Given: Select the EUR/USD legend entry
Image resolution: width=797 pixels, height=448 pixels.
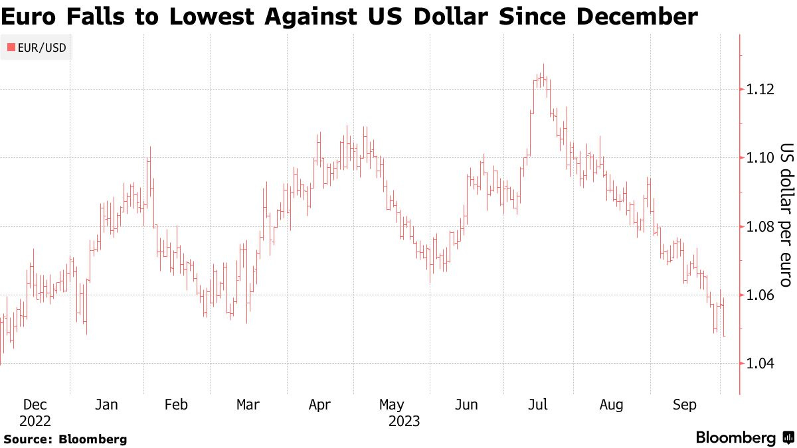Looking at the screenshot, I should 37,47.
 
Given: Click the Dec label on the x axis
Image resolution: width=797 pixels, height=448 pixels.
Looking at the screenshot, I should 35,405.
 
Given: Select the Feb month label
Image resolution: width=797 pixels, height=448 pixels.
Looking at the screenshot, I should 175,405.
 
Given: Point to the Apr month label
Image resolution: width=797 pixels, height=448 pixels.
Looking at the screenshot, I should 319,405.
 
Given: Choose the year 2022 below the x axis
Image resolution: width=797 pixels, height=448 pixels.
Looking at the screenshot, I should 35,421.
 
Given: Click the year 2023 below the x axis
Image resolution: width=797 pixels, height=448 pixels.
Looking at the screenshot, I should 404,421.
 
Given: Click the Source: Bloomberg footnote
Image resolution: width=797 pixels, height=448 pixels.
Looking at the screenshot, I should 65,439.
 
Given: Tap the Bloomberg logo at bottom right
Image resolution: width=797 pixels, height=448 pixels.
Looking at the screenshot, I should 744,438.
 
